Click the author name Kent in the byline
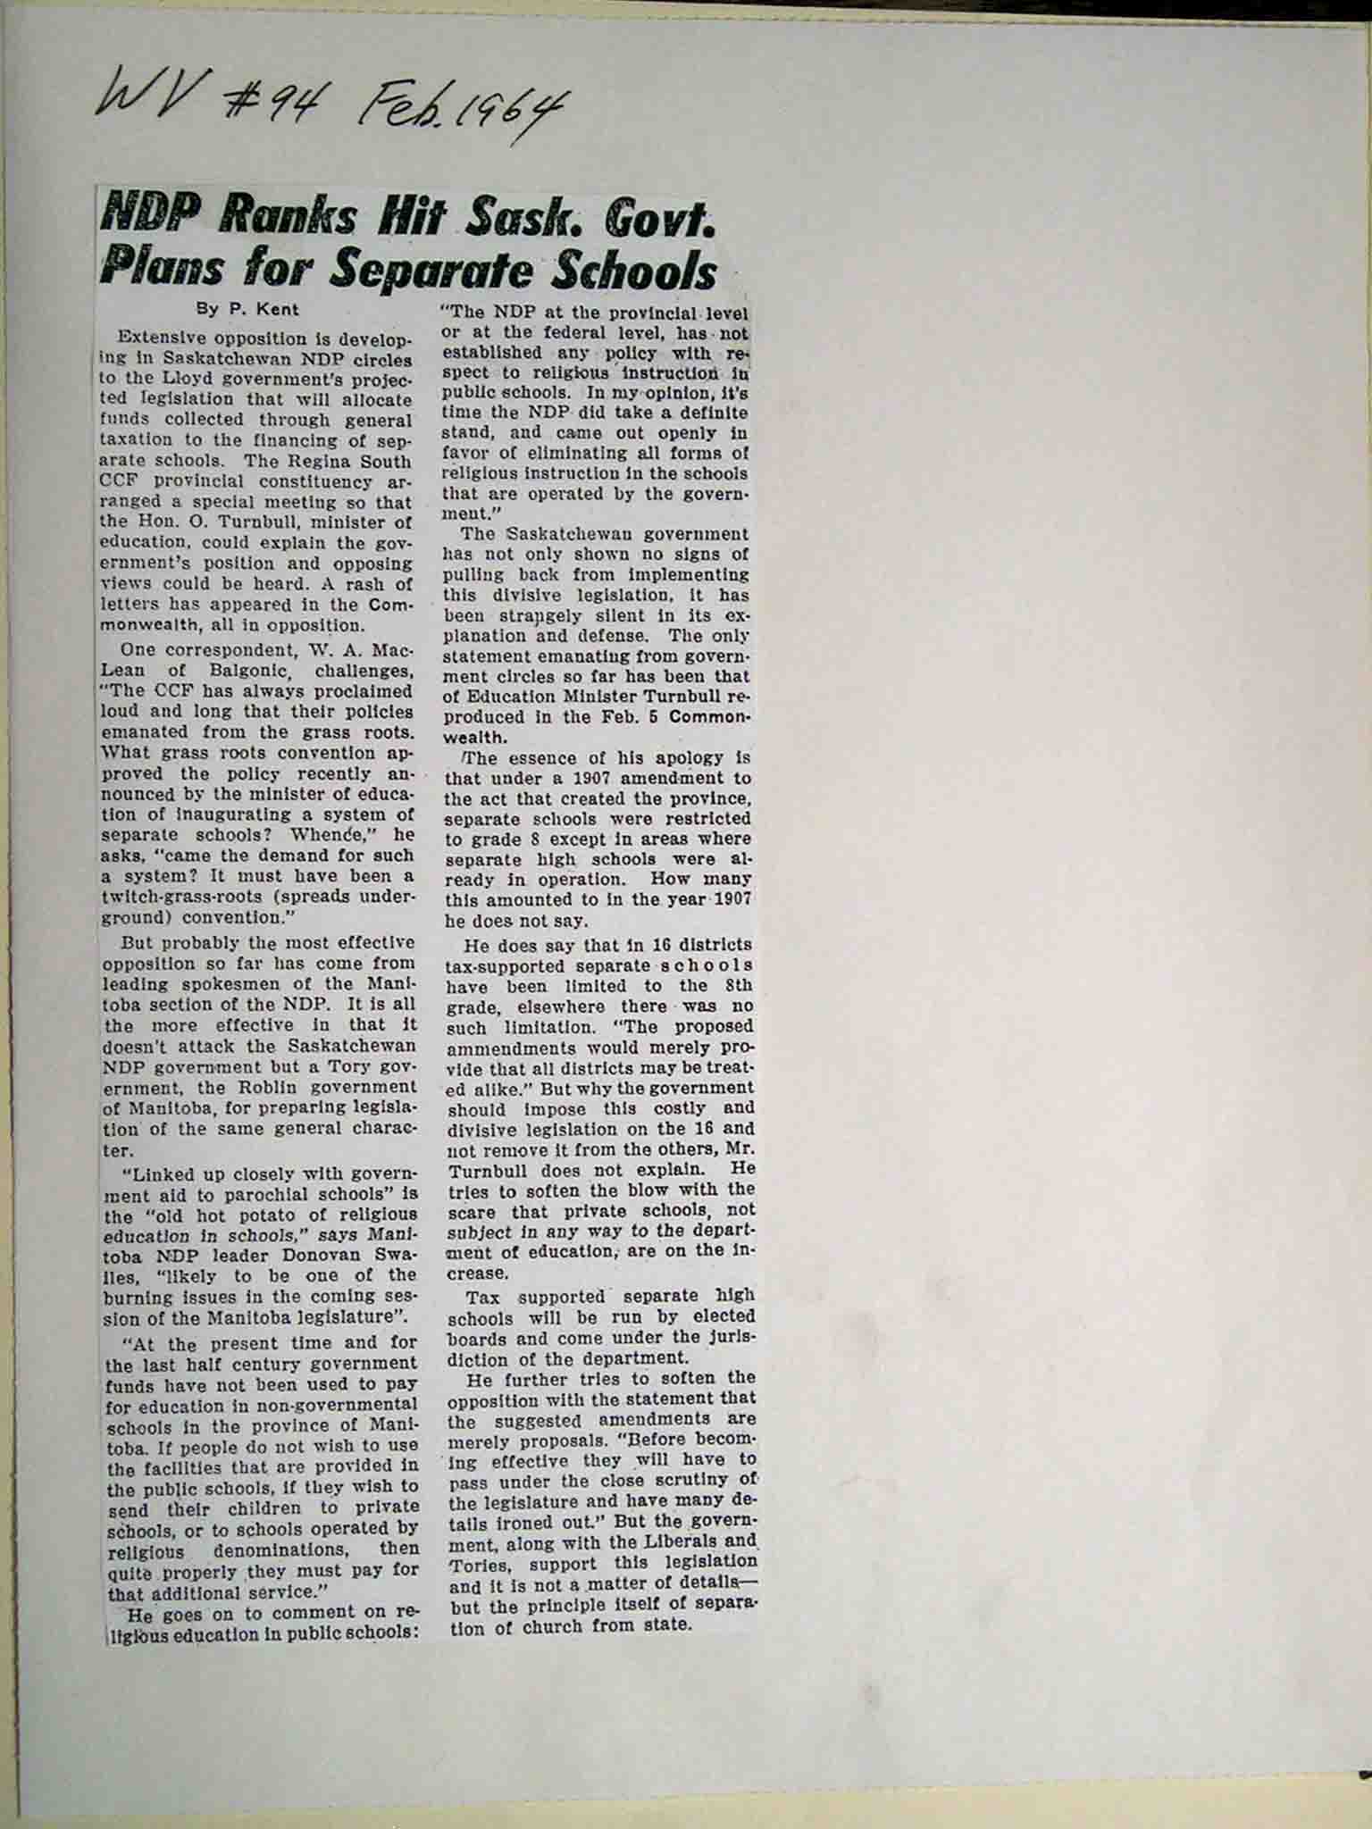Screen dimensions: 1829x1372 pyautogui.click(x=280, y=310)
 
